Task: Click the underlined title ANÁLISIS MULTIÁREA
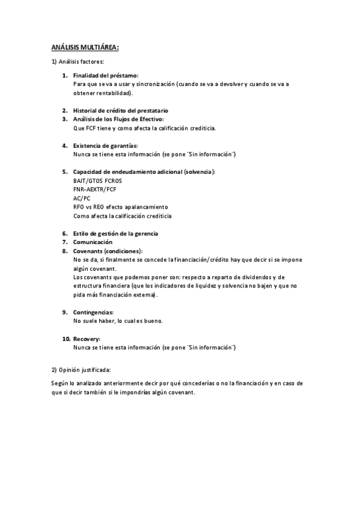[84, 48]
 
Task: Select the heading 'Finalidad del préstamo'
[106, 76]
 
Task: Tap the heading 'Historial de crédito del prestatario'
[121, 111]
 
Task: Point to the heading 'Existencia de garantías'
[105, 146]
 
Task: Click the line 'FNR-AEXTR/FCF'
[95, 189]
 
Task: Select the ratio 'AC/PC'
[82, 198]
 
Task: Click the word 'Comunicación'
[93, 242]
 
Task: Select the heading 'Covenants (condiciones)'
[108, 251]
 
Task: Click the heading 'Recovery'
[87, 339]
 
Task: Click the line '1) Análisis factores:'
[78, 62]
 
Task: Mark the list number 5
[65, 172]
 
